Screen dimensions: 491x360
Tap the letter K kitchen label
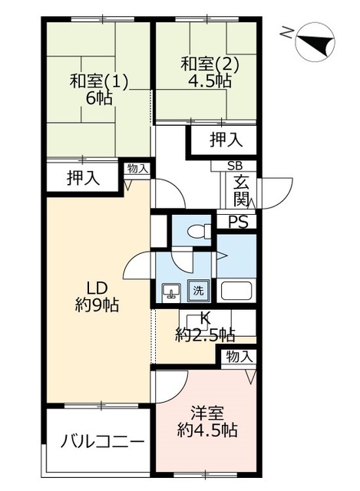[205, 318]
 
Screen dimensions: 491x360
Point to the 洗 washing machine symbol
[199, 291]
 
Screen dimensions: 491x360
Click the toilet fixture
[199, 229]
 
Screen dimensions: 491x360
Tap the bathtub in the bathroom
[237, 291]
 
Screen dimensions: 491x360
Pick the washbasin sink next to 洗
[171, 291]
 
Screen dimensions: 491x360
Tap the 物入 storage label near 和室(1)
[138, 168]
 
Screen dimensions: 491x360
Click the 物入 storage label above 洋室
[239, 356]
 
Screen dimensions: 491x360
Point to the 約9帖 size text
[96, 305]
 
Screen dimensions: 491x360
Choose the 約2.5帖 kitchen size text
[205, 334]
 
